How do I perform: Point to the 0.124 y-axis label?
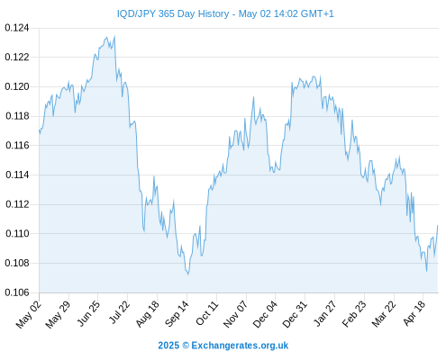17,28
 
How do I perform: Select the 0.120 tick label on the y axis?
17,86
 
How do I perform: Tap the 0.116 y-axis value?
17,146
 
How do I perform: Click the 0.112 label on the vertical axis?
17,204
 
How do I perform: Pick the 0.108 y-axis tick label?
17,263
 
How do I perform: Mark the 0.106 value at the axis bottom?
17,292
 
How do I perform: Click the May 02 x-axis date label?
29,314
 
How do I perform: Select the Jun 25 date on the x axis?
87,313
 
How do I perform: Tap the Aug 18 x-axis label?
147,313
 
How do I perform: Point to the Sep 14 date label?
177,313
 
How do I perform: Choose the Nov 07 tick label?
236,313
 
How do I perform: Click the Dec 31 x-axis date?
295,313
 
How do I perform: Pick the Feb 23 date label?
354,313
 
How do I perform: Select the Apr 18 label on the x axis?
414,313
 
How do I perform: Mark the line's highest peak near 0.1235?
114,36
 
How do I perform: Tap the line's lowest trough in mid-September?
188,274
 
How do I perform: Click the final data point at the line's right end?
438,225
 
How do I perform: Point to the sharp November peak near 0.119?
253,97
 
